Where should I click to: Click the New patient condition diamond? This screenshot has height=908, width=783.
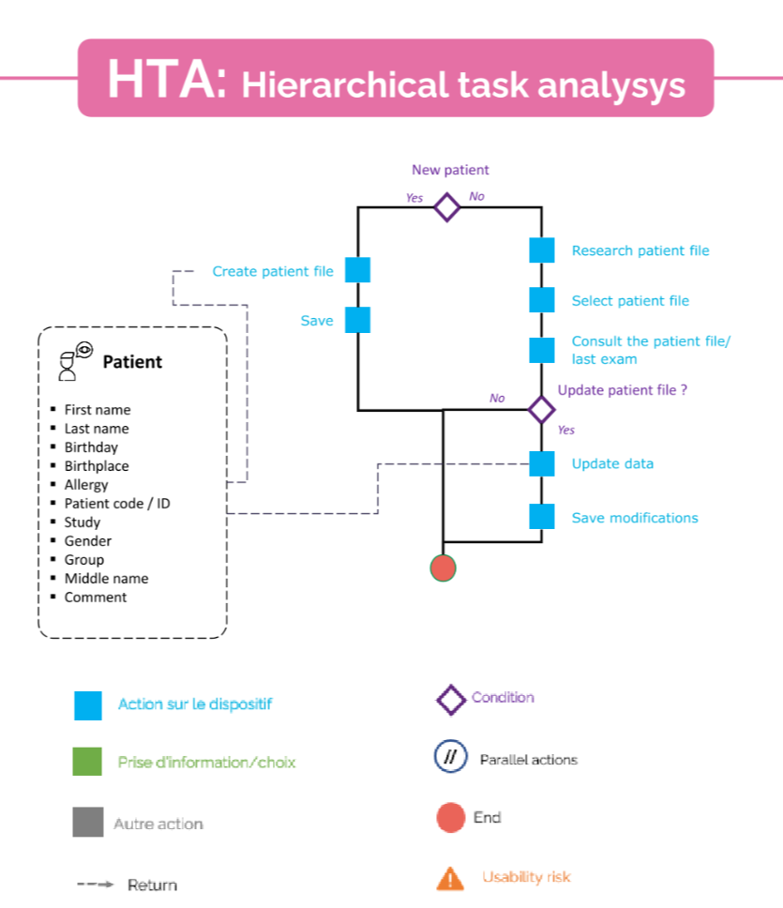click(447, 206)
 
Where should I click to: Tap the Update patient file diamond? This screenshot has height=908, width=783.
click(541, 410)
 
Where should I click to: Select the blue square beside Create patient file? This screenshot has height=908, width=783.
click(358, 270)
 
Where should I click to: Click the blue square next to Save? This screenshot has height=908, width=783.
click(358, 320)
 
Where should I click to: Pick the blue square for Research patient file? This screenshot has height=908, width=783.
click(541, 250)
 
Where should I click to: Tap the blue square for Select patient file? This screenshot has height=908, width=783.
click(541, 300)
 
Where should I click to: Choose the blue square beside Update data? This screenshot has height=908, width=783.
click(541, 463)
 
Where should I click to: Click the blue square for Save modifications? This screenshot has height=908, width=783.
click(541, 517)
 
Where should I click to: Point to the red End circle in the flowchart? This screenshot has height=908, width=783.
click(443, 567)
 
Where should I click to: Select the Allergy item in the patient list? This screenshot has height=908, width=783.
click(86, 485)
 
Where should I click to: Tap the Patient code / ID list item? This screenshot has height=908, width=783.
click(117, 504)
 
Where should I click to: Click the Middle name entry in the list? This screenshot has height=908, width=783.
click(106, 579)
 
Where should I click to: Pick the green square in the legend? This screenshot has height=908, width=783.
click(87, 762)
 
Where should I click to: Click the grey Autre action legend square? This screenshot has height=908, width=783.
click(87, 822)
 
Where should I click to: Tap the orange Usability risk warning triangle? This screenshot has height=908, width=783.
click(450, 878)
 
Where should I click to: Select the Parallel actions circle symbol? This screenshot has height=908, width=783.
click(450, 758)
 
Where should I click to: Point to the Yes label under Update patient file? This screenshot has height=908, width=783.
click(566, 431)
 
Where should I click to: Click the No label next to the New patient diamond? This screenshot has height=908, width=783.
click(476, 197)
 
